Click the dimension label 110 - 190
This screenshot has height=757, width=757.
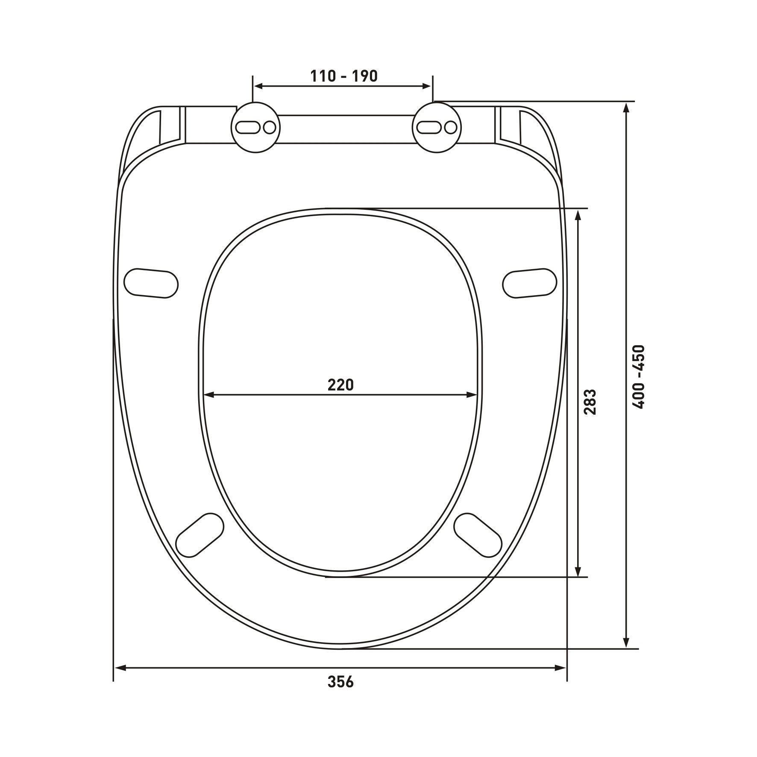click(344, 76)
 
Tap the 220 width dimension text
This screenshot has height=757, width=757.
click(341, 385)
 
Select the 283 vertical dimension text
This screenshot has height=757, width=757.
click(590, 402)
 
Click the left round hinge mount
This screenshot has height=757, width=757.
click(256, 127)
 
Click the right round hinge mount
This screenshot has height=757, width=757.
click(437, 127)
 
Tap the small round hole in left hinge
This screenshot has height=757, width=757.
click(270, 127)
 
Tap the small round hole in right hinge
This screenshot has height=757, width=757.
click(451, 127)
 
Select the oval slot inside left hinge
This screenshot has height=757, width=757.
click(248, 127)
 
